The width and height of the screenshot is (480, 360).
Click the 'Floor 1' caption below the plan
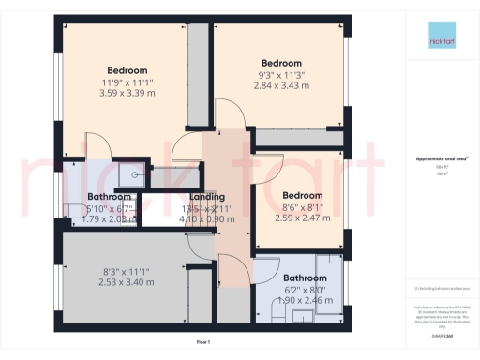203,344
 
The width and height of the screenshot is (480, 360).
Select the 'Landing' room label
207,196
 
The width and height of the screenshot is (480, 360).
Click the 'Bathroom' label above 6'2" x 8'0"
305,277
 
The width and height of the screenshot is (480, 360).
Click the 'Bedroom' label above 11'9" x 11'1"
127,70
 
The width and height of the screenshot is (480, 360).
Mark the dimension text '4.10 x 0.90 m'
207,217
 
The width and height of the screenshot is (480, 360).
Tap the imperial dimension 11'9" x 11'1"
127,82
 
